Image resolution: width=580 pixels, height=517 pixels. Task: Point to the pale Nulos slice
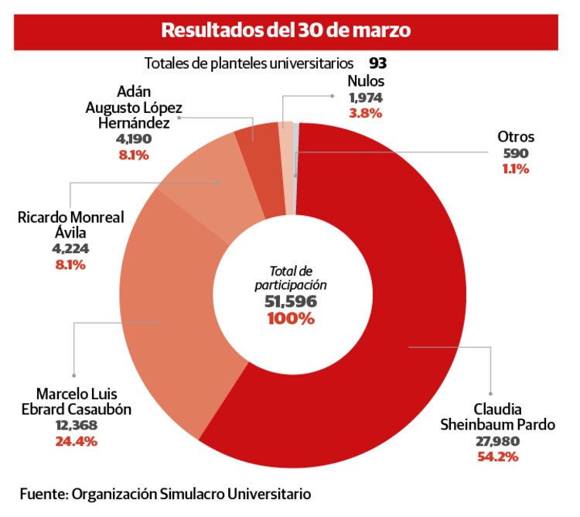click(286, 166)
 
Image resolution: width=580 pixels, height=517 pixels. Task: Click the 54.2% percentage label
click(498, 457)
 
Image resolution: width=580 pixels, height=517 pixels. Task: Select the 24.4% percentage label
click(76, 441)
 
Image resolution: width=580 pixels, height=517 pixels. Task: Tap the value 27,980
click(498, 441)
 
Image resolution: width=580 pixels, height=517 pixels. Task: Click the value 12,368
click(76, 426)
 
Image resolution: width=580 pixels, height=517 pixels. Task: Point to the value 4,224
click(70, 249)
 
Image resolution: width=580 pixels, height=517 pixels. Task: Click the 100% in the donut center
click(291, 319)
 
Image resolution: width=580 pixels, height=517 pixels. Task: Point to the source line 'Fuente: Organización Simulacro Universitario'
click(165, 493)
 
